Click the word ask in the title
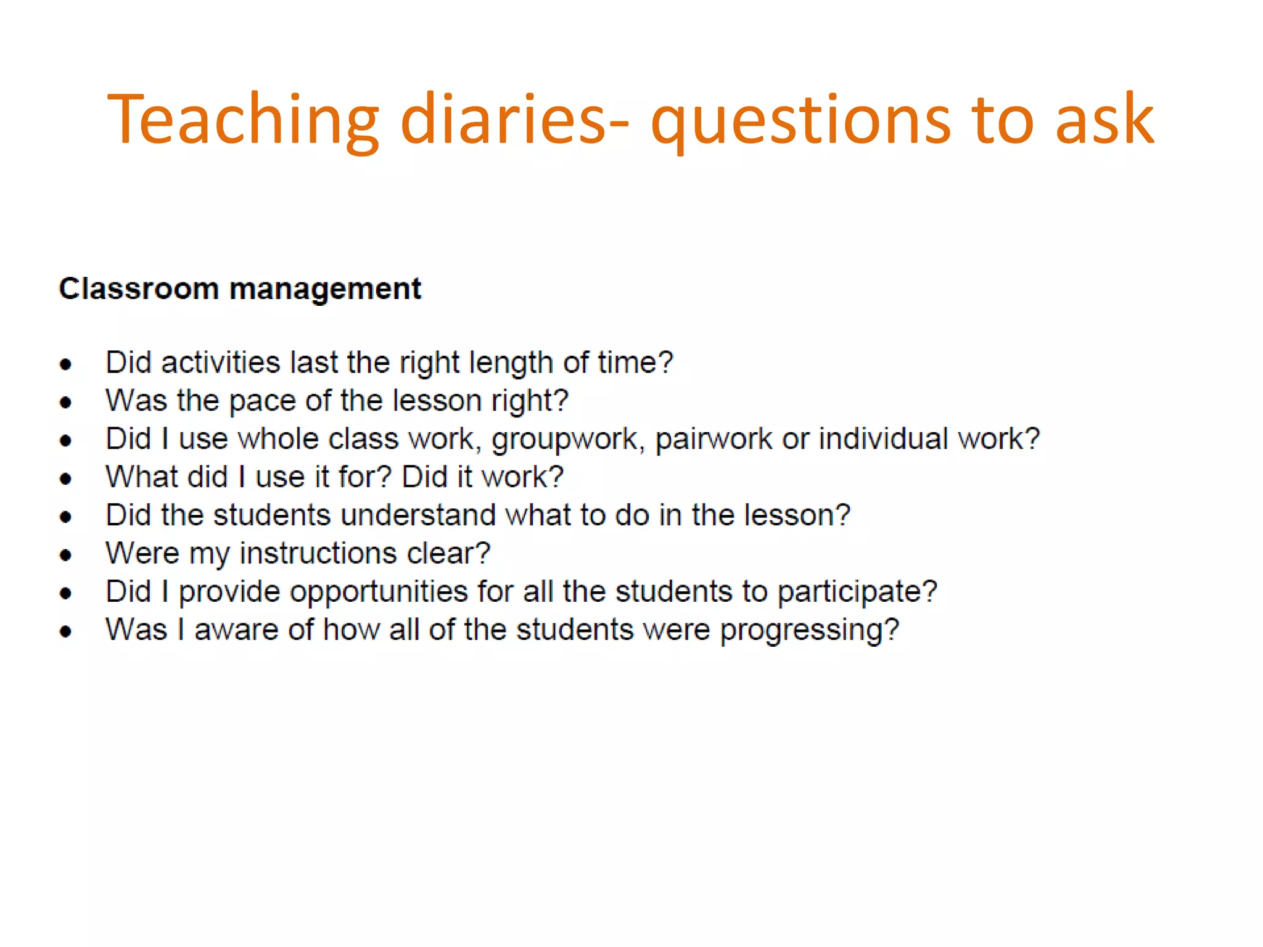coord(1104,120)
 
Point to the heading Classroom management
coord(240,289)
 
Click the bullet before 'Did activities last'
coord(66,364)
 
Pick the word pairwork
coord(714,440)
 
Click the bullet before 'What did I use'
coord(66,479)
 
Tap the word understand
coord(418,515)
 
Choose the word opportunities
coord(379,592)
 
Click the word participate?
coord(857,592)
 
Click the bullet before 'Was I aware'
coord(66,631)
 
